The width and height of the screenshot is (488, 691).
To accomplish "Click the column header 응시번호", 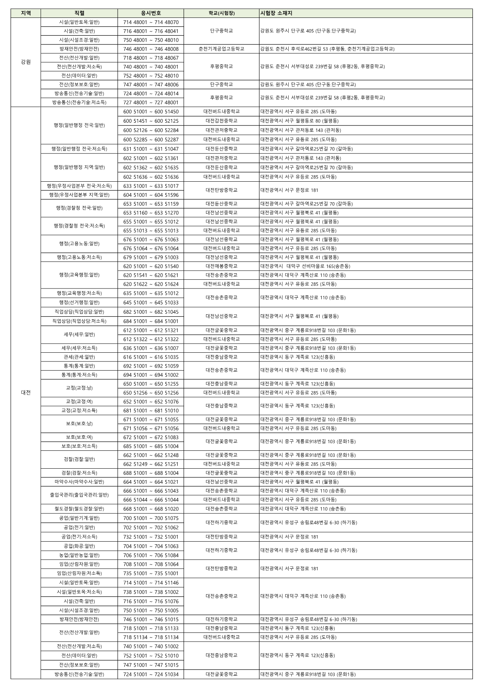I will click(x=151, y=13).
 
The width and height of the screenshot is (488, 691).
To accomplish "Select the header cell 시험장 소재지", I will click(x=276, y=13).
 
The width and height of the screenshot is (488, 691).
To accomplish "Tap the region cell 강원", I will click(x=26, y=62).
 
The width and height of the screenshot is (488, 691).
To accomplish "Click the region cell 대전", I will click(x=26, y=393).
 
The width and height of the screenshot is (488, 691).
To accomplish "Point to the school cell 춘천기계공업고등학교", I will click(x=221, y=49).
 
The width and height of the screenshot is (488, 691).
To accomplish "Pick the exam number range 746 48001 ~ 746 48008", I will click(x=151, y=49).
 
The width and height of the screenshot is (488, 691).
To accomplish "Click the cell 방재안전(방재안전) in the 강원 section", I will click(x=79, y=49).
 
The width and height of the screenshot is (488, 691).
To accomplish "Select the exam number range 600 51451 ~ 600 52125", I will click(x=151, y=121).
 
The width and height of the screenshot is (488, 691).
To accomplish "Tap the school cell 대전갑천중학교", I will click(x=221, y=121).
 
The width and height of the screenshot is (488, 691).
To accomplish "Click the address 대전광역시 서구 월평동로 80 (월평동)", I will click(x=299, y=121).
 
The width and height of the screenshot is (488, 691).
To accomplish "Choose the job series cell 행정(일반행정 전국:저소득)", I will click(x=79, y=149).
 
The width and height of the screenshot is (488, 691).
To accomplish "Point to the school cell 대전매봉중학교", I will click(x=221, y=266).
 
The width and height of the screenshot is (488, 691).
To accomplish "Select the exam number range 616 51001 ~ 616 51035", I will click(x=151, y=357).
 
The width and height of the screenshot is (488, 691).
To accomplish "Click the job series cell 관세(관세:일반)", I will click(x=79, y=357).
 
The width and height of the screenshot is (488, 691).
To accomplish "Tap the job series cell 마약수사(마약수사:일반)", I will click(x=79, y=482).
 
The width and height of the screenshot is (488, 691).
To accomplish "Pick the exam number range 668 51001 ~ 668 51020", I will click(x=151, y=509).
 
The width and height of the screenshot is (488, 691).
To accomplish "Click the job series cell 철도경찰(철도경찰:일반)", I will click(x=79, y=509).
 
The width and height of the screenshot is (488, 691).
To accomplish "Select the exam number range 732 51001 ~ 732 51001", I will click(x=151, y=537).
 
